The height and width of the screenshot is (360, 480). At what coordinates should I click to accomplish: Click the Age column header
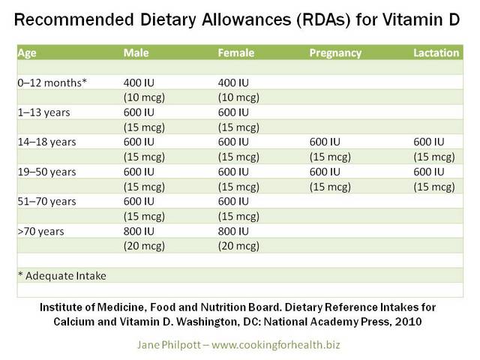tap(27, 53)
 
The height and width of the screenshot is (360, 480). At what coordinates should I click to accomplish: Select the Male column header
tap(136, 52)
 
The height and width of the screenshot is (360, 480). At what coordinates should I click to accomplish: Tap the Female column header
tap(236, 52)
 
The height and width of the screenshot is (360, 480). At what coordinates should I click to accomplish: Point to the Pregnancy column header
tap(335, 53)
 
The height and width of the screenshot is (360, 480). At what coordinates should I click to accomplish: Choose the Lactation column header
tap(436, 52)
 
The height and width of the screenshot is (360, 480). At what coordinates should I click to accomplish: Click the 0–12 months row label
tap(52, 82)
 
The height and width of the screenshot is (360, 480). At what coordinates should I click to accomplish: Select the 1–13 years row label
tap(43, 112)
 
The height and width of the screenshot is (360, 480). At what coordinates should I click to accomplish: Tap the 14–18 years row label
tap(46, 142)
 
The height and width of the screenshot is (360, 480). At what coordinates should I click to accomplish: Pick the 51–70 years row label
tap(46, 202)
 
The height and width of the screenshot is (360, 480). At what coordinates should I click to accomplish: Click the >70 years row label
tap(40, 232)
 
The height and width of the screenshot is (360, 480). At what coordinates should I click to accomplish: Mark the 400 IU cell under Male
tap(139, 82)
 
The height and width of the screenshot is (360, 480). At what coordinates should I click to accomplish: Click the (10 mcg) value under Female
tap(238, 97)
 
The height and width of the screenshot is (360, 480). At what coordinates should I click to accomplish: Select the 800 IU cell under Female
tap(233, 231)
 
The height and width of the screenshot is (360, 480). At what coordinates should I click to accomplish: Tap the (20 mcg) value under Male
tap(144, 246)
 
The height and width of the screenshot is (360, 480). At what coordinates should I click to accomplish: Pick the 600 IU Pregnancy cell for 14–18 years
tap(325, 142)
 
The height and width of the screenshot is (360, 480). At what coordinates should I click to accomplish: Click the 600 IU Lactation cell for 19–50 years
tap(429, 172)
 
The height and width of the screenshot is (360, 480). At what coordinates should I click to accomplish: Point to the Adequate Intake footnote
tap(62, 276)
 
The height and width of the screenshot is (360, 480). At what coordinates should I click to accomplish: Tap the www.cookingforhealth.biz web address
tap(275, 345)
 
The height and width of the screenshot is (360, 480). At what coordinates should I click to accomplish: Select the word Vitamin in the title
tap(412, 19)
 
